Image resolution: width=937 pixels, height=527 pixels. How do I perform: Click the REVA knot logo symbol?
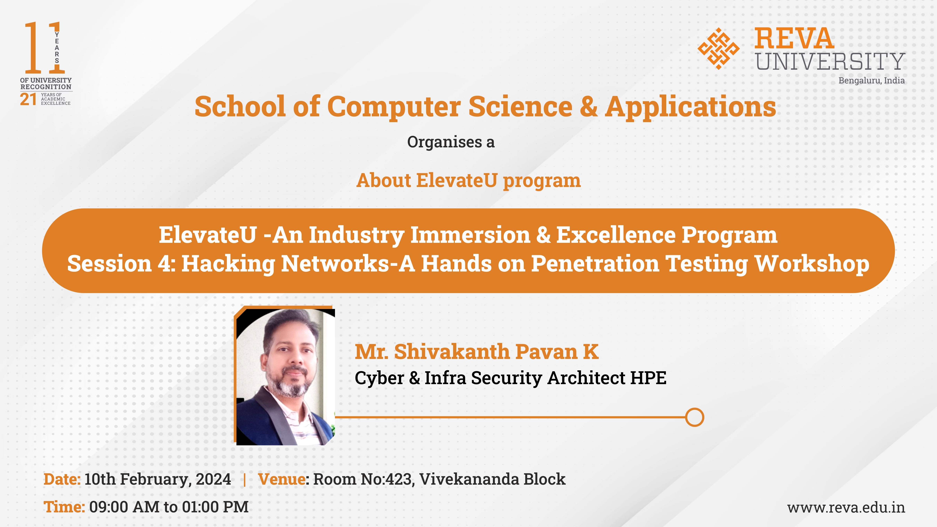click(718, 48)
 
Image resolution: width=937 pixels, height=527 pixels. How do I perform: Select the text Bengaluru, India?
click(872, 80)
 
